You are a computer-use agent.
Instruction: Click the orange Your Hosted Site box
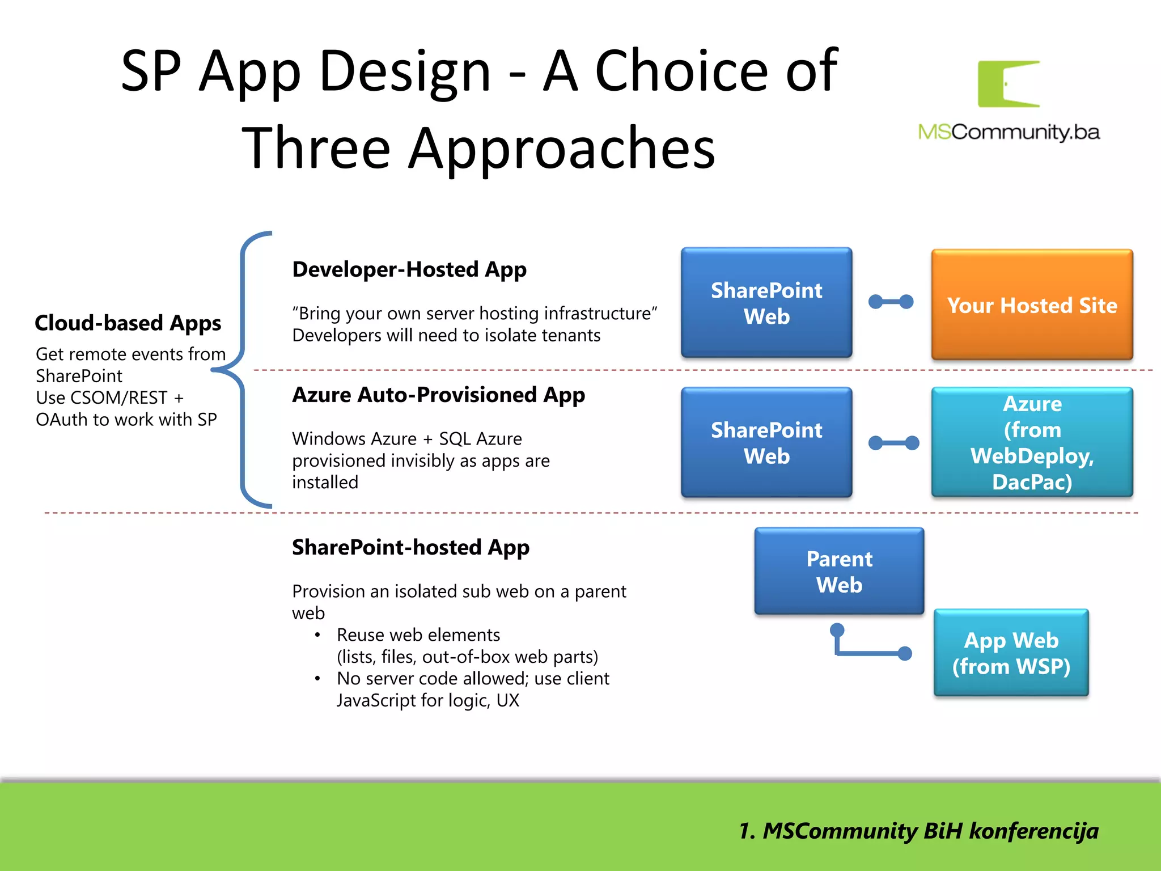(x=1032, y=305)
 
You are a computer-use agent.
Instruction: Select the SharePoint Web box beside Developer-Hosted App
(x=766, y=303)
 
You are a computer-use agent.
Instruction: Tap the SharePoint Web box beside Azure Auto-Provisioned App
(x=766, y=442)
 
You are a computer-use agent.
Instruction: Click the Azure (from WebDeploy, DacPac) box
(x=1032, y=442)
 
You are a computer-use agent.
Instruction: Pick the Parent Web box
(x=839, y=571)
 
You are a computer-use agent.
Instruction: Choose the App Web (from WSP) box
(x=1011, y=653)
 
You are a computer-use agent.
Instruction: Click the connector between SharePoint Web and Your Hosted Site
(x=891, y=302)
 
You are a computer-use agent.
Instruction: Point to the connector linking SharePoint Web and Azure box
(x=893, y=442)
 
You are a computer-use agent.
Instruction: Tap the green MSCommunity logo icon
(x=1009, y=84)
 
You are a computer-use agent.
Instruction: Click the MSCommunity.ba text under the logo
(x=1009, y=132)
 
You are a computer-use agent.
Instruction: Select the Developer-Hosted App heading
(x=409, y=269)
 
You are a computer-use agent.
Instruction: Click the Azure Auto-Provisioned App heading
(x=438, y=395)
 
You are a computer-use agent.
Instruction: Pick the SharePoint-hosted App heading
(x=410, y=547)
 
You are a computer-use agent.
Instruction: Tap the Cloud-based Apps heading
(x=128, y=323)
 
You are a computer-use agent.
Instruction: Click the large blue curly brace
(x=243, y=369)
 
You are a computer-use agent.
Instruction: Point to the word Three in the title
(x=316, y=149)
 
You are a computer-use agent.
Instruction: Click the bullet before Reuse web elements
(x=317, y=635)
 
